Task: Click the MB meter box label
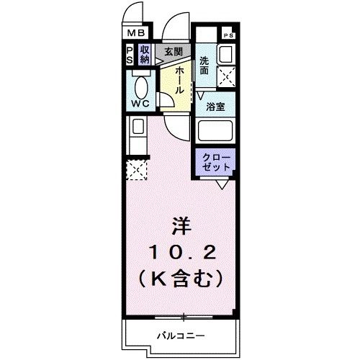click(137, 33)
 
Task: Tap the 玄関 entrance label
click(172, 51)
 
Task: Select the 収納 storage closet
click(145, 54)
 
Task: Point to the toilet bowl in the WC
click(142, 88)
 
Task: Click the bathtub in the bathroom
click(216, 132)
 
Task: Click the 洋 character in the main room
click(182, 226)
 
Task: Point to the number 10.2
click(181, 251)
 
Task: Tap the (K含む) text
click(181, 276)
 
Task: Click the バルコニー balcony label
click(181, 336)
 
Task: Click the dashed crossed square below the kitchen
click(136, 171)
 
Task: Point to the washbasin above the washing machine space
click(225, 53)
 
